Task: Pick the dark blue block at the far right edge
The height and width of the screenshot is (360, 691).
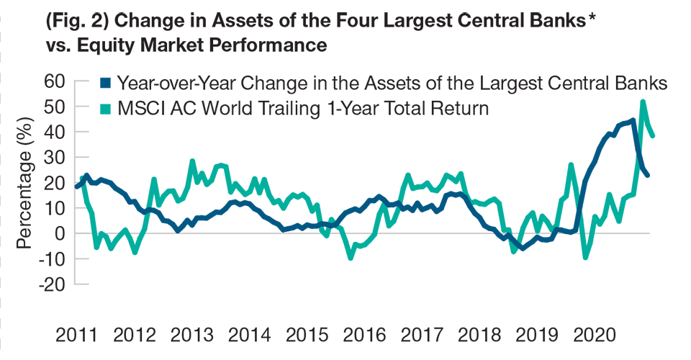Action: coord(656,173)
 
